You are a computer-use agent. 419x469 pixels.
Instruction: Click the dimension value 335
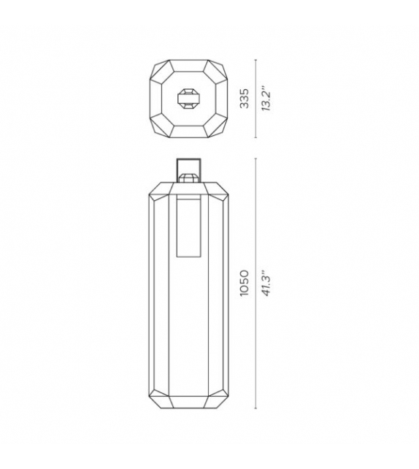246,97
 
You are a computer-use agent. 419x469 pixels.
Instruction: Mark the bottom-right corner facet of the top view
218,128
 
